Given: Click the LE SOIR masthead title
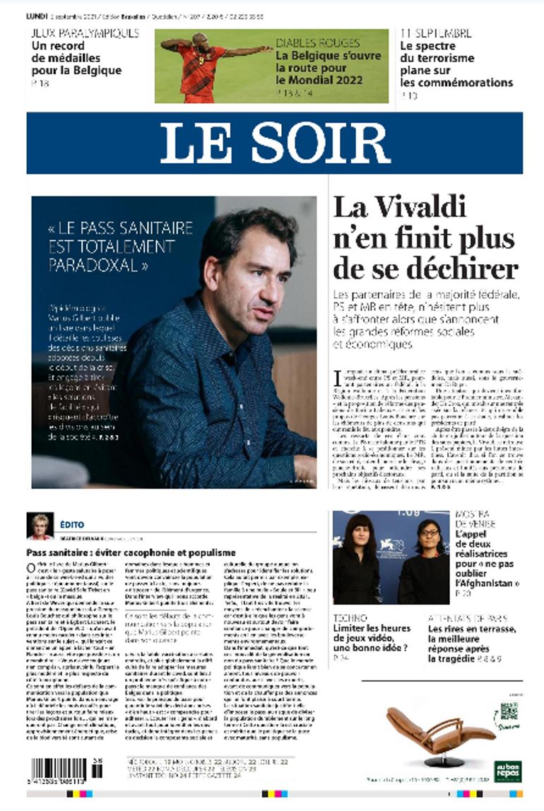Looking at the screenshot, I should click(274, 143).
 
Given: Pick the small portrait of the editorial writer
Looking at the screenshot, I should click(40, 526).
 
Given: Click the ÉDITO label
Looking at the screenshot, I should click(72, 525).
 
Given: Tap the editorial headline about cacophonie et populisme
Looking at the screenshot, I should click(131, 552).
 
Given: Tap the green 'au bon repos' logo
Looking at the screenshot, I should click(507, 770).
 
